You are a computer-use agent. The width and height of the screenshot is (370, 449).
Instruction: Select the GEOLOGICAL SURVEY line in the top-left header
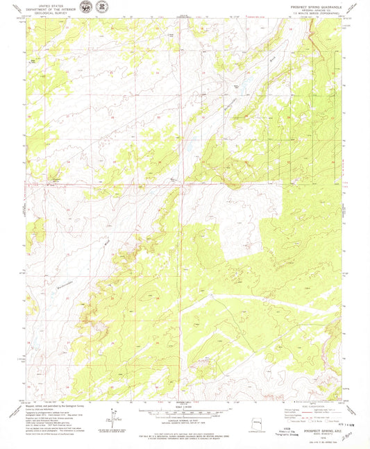pyautogui.click(x=47, y=13)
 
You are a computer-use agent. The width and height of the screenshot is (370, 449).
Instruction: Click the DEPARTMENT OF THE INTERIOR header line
pyautogui.click(x=47, y=10)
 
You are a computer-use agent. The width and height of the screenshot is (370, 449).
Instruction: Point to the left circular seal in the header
pyautogui.click(x=85, y=8)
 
